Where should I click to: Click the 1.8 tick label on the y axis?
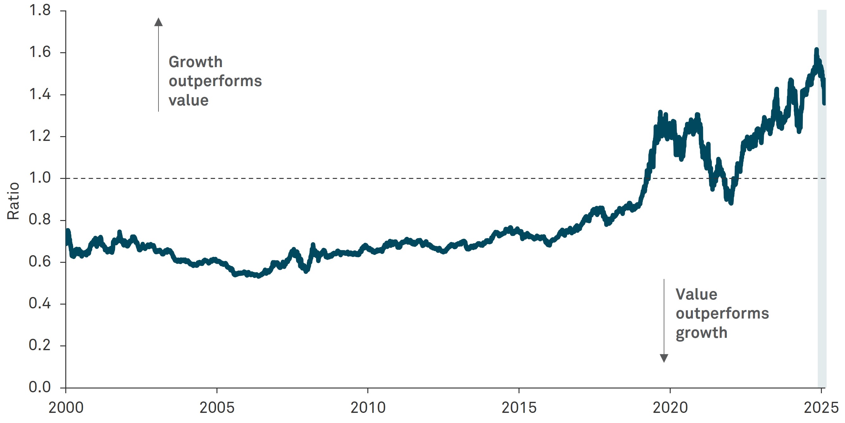40,10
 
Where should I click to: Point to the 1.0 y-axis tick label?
40,178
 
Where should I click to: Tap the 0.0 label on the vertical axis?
40,387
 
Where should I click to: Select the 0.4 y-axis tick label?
40,303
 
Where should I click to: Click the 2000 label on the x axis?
66,408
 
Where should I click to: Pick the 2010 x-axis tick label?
368,408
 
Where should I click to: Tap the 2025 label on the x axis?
821,408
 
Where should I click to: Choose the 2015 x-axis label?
519,408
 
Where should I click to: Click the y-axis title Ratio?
13,200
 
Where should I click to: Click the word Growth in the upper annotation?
196,62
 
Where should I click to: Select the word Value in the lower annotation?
696,294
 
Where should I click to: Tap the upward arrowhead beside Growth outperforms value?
158,22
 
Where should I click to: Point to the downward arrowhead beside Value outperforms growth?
664,358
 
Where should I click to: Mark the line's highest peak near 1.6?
816,50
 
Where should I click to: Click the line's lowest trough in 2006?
259,276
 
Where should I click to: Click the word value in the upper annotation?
189,100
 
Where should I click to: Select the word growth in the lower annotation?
702,333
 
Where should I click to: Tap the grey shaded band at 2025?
822,229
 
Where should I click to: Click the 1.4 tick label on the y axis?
40,94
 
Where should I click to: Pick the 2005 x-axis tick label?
217,408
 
